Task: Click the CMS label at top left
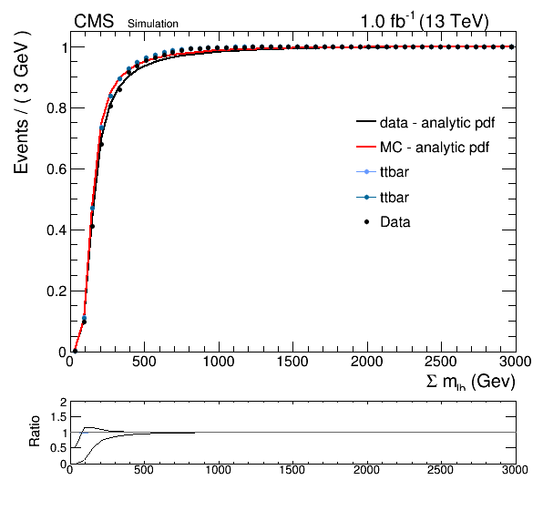tap(94, 22)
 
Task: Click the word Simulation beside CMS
tap(153, 24)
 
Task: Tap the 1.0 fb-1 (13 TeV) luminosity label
tap(425, 22)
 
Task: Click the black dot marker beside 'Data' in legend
tap(366, 222)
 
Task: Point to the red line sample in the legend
tap(366, 147)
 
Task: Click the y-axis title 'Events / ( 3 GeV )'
tap(21, 102)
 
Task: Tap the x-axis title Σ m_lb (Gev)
tap(470, 382)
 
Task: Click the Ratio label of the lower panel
tap(35, 432)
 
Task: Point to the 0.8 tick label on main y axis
tap(56, 108)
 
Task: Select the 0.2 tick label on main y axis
tap(56, 291)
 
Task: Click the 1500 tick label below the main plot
tap(292, 362)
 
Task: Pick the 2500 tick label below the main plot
tap(441, 362)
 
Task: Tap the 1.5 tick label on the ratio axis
tap(58, 417)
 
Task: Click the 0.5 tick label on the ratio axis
tap(58, 448)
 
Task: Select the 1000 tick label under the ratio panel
tap(219, 470)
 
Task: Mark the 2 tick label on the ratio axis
tap(63, 403)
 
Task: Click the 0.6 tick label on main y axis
tap(56, 169)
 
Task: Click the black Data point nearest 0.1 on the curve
tap(84, 322)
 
